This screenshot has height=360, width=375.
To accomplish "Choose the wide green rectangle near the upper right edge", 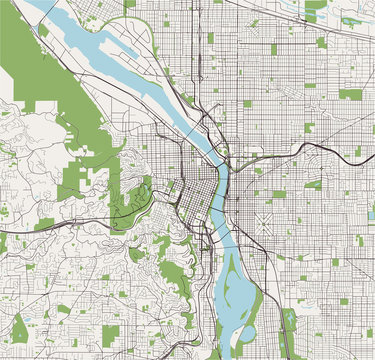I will tap(350, 95).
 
